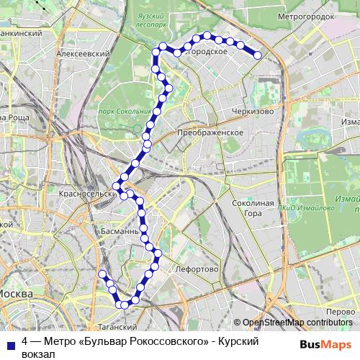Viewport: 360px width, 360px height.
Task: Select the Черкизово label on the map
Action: pyautogui.click(x=251, y=112)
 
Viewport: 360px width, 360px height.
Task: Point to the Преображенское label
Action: pyautogui.click(x=210, y=133)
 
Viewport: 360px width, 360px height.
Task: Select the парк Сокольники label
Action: pyautogui.click(x=125, y=112)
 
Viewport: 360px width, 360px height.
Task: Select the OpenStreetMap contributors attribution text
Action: pyautogui.click(x=296, y=323)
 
